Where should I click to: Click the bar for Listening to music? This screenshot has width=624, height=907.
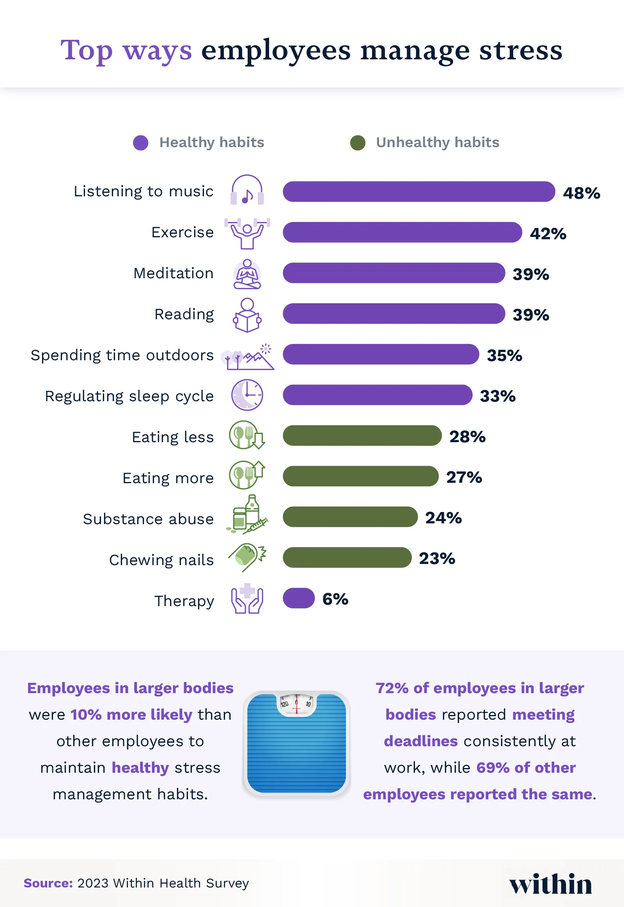click(x=418, y=192)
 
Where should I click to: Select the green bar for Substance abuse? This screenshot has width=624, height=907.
click(x=350, y=516)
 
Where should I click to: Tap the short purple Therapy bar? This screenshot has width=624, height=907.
click(x=299, y=598)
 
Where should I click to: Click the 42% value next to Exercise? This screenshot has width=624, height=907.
click(x=548, y=234)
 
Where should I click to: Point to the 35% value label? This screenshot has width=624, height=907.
click(x=504, y=355)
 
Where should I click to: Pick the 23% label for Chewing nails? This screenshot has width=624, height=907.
click(x=437, y=558)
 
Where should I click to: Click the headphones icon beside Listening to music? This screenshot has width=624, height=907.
click(x=247, y=190)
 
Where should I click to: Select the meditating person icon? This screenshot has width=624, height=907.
click(x=247, y=274)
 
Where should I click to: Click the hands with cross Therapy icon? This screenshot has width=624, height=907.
click(x=247, y=599)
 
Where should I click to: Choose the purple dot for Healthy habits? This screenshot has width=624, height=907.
click(x=140, y=143)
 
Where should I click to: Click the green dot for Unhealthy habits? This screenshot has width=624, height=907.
click(x=357, y=143)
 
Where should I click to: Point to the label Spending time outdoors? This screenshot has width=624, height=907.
click(x=122, y=355)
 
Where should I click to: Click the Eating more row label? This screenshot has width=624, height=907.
click(x=168, y=478)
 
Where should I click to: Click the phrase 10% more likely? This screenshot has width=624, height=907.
click(x=131, y=715)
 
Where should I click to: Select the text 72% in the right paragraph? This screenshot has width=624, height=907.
click(x=392, y=688)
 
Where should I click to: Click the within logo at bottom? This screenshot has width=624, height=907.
click(x=550, y=884)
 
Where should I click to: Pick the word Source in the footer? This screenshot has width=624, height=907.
click(x=48, y=883)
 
